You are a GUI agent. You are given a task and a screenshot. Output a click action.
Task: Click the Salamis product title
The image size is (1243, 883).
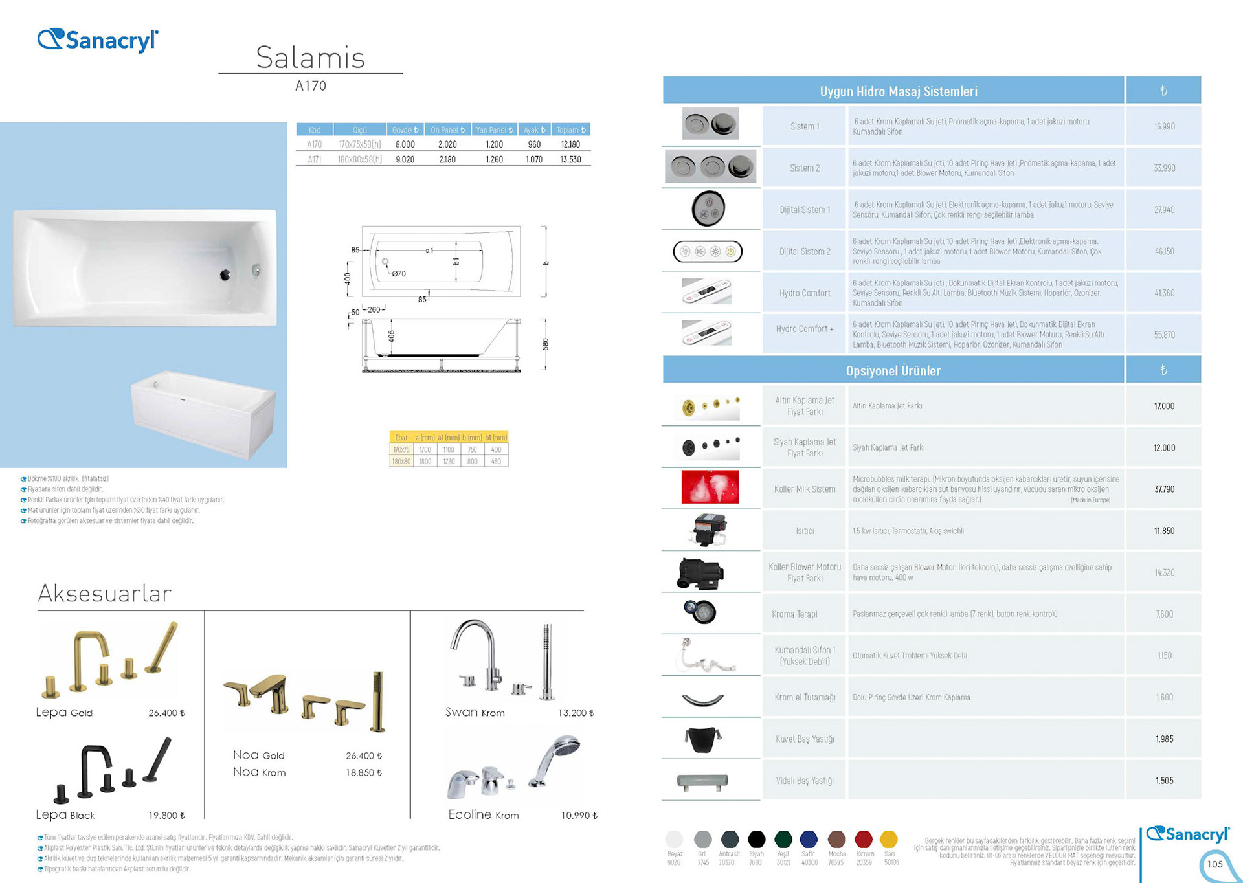point(310,58)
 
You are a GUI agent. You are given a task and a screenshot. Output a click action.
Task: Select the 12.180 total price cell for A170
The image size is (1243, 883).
point(570,144)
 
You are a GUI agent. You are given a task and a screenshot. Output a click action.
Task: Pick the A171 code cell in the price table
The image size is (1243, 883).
point(315,159)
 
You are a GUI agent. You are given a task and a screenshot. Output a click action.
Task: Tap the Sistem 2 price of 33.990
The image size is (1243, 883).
point(1164,168)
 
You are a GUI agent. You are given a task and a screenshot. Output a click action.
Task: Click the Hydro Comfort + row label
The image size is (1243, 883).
point(805,329)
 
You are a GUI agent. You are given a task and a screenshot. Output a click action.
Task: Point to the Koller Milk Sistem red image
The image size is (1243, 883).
point(710,487)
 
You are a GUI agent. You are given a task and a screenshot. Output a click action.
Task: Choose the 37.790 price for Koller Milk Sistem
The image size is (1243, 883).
point(1164,489)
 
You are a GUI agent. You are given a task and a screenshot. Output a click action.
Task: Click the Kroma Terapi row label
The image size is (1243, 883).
point(794,614)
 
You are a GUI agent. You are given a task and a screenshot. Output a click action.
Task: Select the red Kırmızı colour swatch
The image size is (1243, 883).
point(864,840)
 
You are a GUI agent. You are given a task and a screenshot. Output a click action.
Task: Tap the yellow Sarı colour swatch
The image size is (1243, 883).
point(889,840)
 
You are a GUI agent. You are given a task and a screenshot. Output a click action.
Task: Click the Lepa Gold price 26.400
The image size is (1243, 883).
point(166,713)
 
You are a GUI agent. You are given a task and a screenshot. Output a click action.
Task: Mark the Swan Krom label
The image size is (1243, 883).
point(475,712)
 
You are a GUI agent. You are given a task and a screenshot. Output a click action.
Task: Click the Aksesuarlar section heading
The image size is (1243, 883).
point(105,593)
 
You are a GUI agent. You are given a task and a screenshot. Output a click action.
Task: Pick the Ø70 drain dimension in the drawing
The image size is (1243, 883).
point(399,274)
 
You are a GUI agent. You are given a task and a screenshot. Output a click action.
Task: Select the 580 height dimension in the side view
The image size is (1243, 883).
point(545,344)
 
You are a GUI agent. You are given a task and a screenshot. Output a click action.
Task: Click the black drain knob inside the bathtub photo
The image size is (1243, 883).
point(225,275)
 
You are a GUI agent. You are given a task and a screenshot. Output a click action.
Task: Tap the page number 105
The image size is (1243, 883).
point(1215,864)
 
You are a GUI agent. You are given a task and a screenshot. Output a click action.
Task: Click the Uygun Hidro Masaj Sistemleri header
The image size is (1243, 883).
point(898,91)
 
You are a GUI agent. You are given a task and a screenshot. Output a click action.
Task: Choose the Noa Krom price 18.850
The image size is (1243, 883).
point(364,772)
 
